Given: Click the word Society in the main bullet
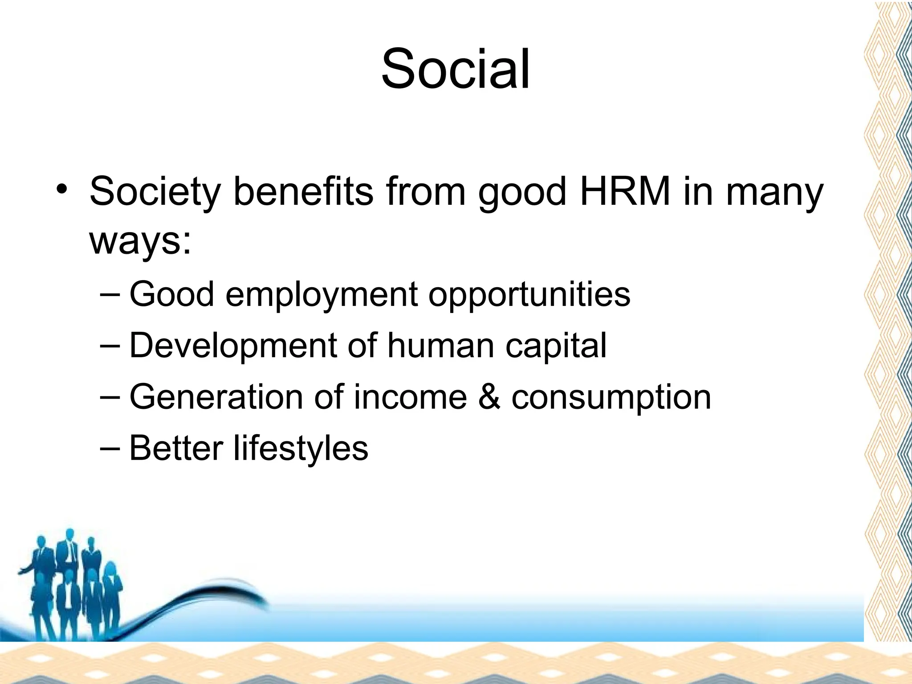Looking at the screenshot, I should [x=155, y=192].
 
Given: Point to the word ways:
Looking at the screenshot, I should [x=140, y=241].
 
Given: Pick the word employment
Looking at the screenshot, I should [x=322, y=295].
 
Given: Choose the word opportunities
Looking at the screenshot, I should [x=529, y=295].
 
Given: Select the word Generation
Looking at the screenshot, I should [x=216, y=397].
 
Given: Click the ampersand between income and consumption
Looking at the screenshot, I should [x=489, y=397].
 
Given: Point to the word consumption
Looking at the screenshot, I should [x=611, y=398].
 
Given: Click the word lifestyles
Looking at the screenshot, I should [x=301, y=448].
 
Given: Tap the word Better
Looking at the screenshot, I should [x=176, y=448].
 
